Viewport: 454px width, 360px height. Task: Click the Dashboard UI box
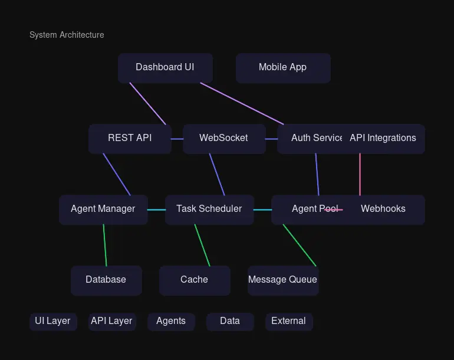[165, 67]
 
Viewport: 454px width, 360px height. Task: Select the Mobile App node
[283, 67]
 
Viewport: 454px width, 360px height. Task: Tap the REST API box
[130, 138]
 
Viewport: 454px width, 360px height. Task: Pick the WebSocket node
[224, 138]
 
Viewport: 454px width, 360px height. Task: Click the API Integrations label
[383, 138]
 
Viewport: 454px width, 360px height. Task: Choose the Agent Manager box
[103, 209]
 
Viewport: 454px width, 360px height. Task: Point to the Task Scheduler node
[209, 209]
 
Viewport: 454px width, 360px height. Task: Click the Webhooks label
[383, 209]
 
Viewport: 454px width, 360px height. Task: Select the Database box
[106, 280]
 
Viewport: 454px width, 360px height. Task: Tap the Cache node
[195, 280]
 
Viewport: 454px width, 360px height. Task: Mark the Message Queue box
[283, 280]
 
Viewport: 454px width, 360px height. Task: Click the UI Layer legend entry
[53, 321]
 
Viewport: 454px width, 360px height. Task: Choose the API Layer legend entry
[112, 321]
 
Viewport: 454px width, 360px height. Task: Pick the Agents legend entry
[171, 321]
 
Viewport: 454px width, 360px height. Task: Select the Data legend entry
[230, 321]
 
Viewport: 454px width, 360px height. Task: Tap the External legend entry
[289, 321]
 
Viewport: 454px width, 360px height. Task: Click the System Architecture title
[67, 35]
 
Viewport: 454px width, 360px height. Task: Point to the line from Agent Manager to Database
[105, 245]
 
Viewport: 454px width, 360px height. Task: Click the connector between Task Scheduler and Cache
[202, 245]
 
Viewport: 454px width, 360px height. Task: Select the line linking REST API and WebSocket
[177, 139]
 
